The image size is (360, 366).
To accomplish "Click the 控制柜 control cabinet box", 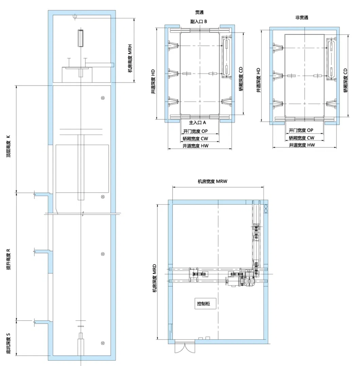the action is coord(205,304).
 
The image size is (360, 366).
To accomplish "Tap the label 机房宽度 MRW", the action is coord(212,181).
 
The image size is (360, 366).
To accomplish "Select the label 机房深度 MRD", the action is coord(154,278).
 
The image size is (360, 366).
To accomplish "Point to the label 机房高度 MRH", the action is coord(130,58).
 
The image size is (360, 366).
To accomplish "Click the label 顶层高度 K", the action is coord(8,146).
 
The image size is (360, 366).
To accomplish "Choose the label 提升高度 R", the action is coord(8,259).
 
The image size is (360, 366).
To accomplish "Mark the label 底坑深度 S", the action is coord(8,343).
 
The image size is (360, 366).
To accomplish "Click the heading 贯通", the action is coord(199,12).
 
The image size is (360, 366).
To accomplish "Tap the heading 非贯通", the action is coord(302,18).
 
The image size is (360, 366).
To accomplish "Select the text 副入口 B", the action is coord(198,21).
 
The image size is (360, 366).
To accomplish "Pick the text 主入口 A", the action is coord(197,122).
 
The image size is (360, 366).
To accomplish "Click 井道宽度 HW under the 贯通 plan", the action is coord(195,146).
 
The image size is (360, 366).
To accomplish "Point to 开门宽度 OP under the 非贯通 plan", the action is coord(301,130).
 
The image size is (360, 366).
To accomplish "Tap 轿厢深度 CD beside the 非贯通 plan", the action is coord(346,80).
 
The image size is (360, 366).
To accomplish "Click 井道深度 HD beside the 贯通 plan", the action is coord(153,81).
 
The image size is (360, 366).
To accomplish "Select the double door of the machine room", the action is coord(185,348).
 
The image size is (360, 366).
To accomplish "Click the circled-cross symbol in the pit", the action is coord(103,343).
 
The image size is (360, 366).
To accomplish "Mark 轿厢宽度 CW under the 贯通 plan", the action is coord(195,139).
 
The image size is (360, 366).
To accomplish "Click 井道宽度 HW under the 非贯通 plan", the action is coord(302,145).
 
